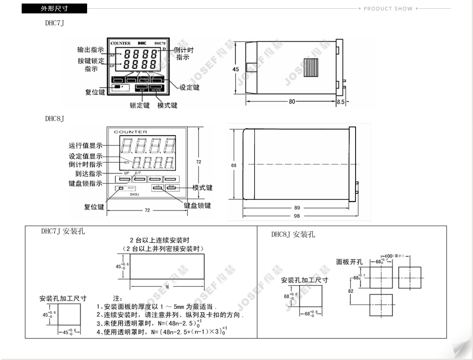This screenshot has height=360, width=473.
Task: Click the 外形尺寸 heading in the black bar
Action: point(54,9)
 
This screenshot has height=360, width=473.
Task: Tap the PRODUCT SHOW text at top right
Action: point(388,9)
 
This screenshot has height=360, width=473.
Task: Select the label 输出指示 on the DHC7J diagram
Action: point(90,50)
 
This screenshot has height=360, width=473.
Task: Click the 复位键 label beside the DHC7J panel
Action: point(95,93)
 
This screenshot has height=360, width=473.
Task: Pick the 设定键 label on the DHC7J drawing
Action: point(190,87)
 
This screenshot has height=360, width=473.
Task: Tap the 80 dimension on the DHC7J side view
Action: point(292,102)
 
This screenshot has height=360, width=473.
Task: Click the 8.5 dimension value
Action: point(341,102)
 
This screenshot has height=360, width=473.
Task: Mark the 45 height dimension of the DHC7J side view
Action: point(236,69)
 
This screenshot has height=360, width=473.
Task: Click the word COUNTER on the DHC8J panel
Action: point(130,132)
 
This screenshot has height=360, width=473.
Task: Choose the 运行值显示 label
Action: point(86,146)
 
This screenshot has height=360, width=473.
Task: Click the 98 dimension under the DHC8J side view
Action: point(297,216)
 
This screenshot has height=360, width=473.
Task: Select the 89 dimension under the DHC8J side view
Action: point(297,208)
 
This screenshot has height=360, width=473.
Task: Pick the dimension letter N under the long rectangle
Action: point(167,287)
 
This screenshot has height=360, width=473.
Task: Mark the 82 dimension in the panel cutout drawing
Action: point(351,291)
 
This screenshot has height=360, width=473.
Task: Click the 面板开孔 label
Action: point(349,262)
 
